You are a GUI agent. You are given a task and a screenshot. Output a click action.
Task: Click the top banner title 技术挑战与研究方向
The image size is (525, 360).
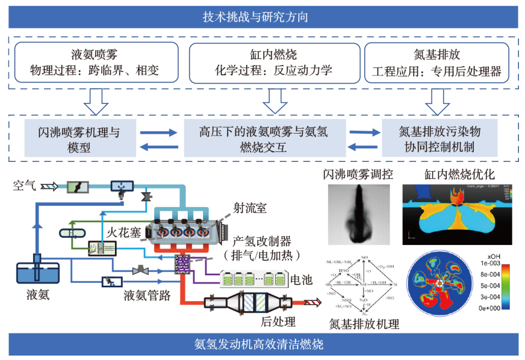262,17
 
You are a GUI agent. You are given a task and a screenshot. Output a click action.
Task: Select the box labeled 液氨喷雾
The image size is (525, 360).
96,63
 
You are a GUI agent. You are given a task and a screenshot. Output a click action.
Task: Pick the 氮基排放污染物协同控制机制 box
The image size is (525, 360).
439,140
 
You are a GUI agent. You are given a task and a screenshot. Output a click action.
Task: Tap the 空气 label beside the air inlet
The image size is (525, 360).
25,186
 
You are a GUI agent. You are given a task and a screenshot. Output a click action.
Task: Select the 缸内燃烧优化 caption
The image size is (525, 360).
460,174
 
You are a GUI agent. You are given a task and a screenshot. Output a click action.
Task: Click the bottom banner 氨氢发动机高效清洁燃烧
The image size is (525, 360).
262,346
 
